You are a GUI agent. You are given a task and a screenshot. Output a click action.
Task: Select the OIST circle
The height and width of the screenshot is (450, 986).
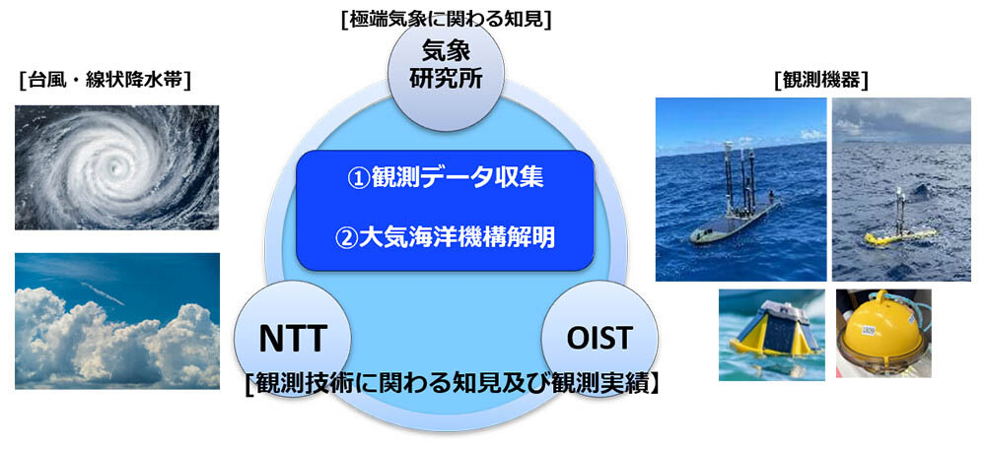(x=599, y=339)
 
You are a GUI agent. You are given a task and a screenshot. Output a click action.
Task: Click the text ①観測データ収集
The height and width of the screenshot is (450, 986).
(x=446, y=177)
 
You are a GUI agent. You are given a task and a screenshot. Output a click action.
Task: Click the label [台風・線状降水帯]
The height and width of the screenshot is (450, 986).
(x=106, y=81)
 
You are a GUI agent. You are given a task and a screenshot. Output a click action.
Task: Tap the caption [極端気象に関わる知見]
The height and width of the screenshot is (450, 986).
(x=447, y=20)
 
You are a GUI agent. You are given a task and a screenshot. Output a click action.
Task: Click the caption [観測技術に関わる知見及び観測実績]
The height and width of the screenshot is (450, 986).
(x=452, y=382)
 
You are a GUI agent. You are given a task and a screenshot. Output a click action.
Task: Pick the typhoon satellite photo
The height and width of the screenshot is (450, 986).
(x=117, y=167)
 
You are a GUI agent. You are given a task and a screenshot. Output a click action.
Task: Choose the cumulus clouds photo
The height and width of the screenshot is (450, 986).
(x=117, y=321)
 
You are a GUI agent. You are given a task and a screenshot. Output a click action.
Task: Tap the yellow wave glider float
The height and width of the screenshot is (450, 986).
(x=899, y=236)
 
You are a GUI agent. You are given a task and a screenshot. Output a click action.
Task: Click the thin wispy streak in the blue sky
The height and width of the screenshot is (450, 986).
(x=103, y=293)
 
